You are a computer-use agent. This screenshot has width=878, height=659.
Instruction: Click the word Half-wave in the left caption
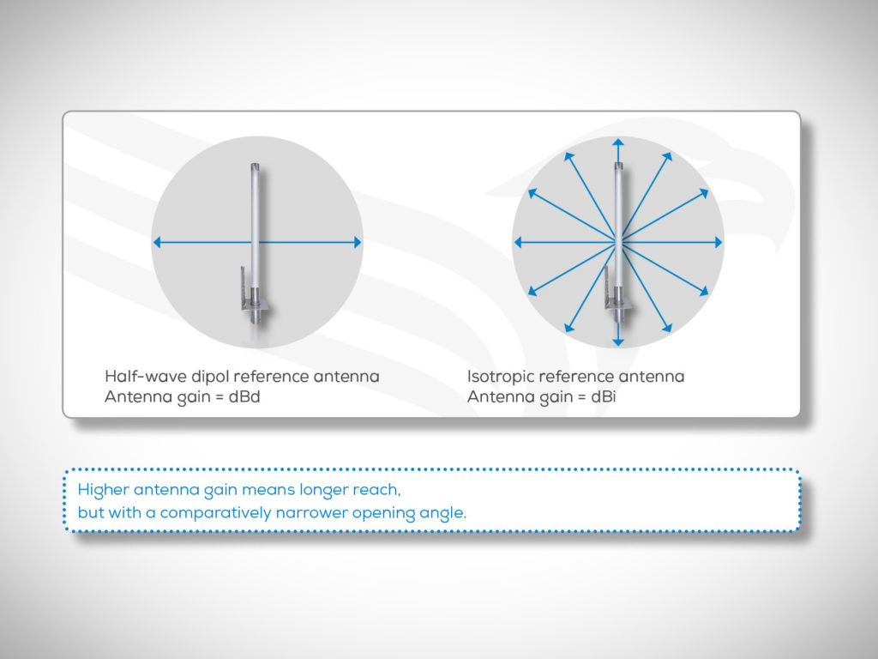(x=137, y=377)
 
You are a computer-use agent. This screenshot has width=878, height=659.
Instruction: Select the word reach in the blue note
(x=378, y=491)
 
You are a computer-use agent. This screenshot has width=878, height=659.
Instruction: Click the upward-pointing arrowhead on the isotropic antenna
(x=618, y=142)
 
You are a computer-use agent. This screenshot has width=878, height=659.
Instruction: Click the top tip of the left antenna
(x=255, y=166)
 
